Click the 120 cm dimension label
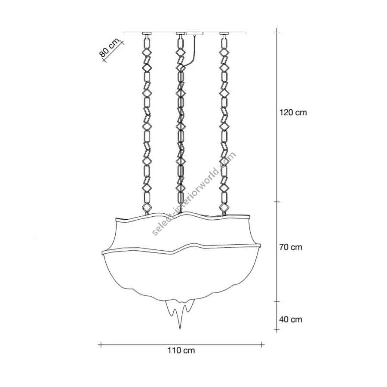click(x=293, y=113)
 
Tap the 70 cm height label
click(x=291, y=247)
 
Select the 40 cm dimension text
click(x=291, y=319)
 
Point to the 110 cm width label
click(x=181, y=350)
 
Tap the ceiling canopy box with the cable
click(x=195, y=34)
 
